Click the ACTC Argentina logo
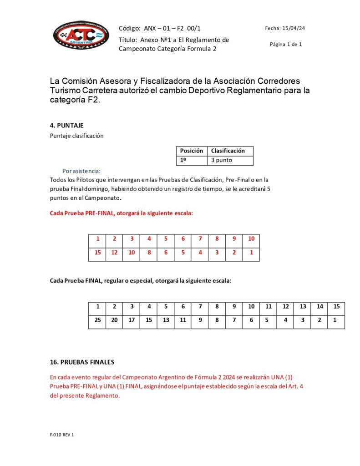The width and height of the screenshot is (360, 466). click(81, 35)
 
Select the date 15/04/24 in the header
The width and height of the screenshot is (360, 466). click(293, 28)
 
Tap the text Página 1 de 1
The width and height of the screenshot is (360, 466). click(285, 44)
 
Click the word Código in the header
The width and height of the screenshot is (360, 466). click(129, 28)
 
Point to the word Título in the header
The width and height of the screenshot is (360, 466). click(127, 40)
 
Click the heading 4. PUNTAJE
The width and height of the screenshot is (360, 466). click(66, 125)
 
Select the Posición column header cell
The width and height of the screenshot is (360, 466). click(191, 151)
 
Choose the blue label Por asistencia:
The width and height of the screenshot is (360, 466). click(82, 171)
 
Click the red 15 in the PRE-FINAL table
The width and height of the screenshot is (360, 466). click(97, 253)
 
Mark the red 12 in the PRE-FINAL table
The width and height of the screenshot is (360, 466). click(114, 253)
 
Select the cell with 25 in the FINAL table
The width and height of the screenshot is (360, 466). click(97, 320)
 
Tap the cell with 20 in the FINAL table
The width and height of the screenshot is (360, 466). click(114, 320)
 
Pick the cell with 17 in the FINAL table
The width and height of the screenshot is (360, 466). click(132, 320)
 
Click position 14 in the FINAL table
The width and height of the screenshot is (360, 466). click(319, 306)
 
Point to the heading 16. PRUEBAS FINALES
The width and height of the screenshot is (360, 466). click(82, 362)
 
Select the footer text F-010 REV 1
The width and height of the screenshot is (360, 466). click(62, 435)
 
